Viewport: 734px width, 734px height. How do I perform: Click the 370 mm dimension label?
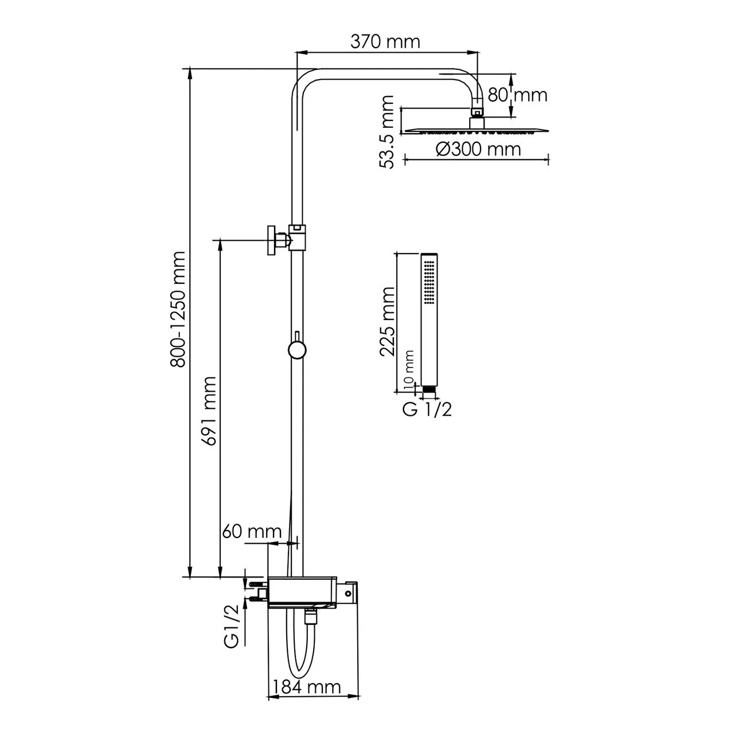tap(385, 42)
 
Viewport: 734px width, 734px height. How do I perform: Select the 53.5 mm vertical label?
tap(388, 132)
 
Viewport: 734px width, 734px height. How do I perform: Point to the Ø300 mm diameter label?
tap(478, 149)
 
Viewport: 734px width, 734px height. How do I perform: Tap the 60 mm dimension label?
tap(252, 532)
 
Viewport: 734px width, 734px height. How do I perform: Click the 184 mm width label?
tap(307, 686)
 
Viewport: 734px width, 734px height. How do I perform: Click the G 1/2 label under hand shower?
tap(427, 409)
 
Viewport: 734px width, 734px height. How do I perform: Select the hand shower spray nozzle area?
tap(429, 281)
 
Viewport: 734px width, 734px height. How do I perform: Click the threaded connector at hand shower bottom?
tap(428, 390)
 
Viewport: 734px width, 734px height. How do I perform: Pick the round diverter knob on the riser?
tap(296, 350)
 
